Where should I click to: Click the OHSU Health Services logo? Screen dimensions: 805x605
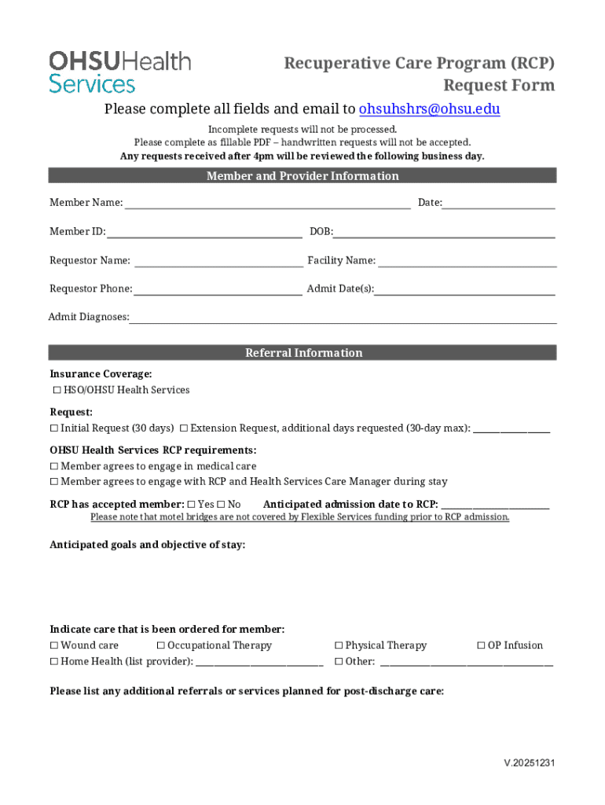(x=119, y=72)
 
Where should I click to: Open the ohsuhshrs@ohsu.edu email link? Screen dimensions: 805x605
(x=429, y=109)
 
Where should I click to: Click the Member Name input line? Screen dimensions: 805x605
(x=267, y=204)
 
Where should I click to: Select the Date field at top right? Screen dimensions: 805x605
(x=499, y=204)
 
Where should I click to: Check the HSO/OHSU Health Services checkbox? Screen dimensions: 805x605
(x=57, y=391)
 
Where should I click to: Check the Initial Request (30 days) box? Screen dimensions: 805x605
(x=54, y=428)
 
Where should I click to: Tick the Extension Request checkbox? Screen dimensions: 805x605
(x=184, y=428)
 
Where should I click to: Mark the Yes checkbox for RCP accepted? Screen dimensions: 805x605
(x=192, y=505)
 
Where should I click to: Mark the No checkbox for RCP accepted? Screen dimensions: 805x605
(x=221, y=505)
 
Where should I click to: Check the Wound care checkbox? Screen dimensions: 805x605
(x=54, y=646)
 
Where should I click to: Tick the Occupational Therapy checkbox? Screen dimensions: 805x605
(x=161, y=646)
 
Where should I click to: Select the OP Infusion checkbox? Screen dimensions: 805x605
(x=481, y=646)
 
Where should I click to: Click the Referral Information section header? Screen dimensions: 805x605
(x=302, y=353)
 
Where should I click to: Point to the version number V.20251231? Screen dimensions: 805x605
(x=530, y=763)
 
